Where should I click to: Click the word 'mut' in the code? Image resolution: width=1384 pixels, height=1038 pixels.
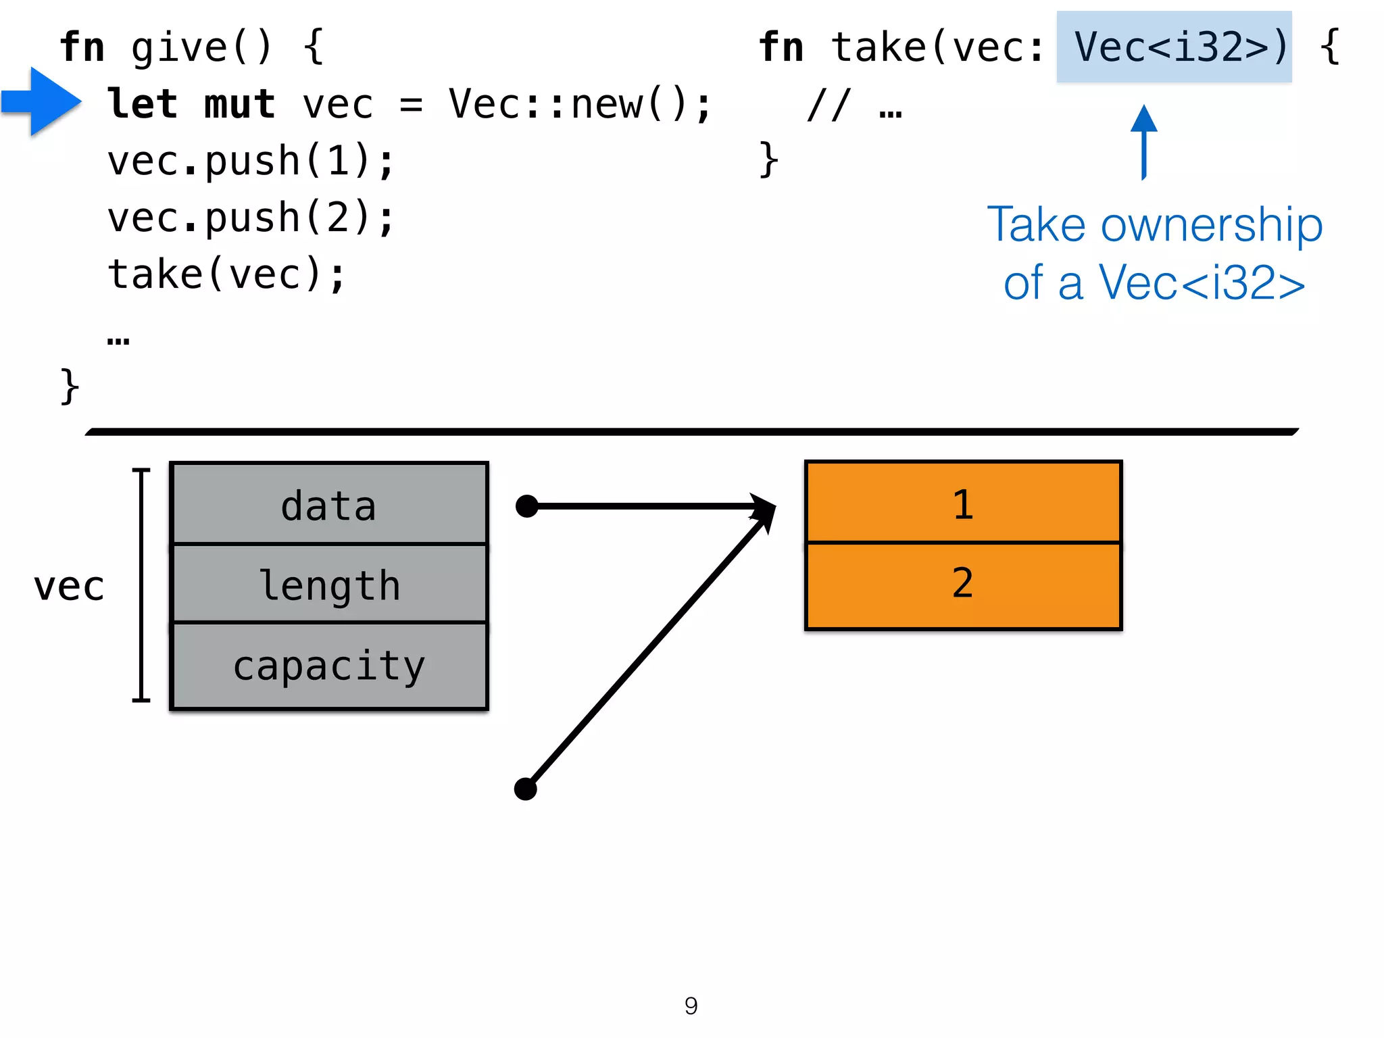point(239,105)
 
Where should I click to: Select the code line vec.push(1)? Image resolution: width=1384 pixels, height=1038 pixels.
point(250,162)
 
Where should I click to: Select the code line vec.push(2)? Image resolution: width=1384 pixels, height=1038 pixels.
point(250,218)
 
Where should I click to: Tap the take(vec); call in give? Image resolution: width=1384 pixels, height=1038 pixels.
point(226,275)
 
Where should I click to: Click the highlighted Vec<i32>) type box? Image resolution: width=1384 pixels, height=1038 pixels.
point(1174,47)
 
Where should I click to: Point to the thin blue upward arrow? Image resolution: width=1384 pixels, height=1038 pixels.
point(1143,141)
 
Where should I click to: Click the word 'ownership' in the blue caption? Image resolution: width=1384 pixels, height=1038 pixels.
point(1211,225)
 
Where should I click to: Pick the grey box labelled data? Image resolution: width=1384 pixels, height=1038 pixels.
point(329,504)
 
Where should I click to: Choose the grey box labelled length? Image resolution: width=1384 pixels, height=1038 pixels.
point(329,584)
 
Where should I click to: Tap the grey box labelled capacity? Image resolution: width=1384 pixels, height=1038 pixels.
point(329,665)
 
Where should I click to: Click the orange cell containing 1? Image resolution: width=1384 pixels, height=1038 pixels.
point(963,503)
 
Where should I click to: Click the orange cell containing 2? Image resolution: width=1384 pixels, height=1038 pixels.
point(963,584)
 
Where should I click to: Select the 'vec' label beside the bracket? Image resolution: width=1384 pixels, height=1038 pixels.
point(69,586)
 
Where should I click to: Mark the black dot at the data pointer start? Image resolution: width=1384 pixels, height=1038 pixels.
point(526,505)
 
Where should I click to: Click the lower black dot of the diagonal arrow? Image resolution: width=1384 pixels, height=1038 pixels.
point(525,788)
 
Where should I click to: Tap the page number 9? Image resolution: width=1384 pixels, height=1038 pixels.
point(691,1006)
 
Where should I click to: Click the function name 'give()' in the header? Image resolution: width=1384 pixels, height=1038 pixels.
point(201,47)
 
